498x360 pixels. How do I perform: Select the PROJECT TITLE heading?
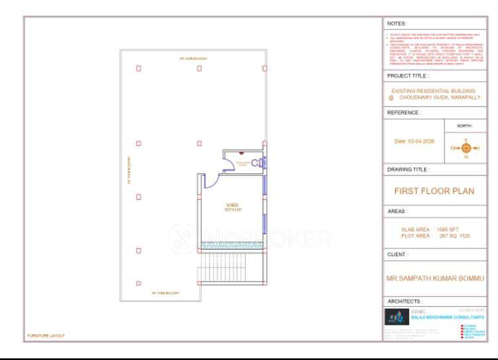pos(408,76)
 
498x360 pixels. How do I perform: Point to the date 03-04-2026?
pos(414,141)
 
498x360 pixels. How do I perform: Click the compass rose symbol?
pos(465,147)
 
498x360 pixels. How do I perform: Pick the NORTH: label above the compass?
pos(465,126)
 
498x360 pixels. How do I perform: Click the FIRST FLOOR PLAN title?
pos(434,190)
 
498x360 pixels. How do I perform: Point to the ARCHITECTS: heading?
pos(404,301)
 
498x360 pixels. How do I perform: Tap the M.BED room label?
pos(232,205)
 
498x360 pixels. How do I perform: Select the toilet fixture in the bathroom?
pos(255,161)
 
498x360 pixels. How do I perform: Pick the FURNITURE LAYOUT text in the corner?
pos(46,336)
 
